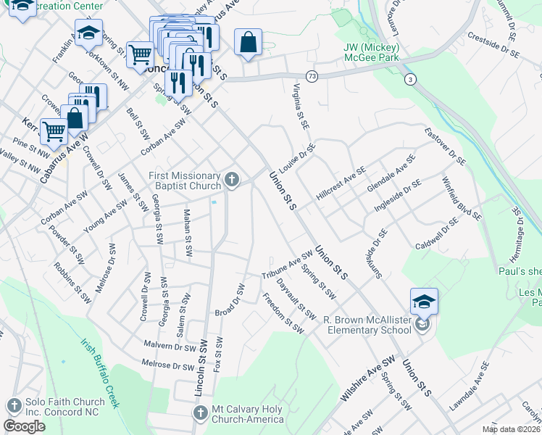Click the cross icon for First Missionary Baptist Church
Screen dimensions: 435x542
(232, 180)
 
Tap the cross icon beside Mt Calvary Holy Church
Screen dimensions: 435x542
(201, 413)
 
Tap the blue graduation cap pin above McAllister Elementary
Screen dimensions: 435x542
(425, 302)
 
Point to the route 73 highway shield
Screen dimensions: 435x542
(312, 75)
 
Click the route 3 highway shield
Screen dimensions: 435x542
(411, 80)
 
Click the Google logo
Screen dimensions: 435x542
(24, 426)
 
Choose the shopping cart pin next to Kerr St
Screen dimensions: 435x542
(54, 132)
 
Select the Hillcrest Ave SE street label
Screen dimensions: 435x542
(341, 183)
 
